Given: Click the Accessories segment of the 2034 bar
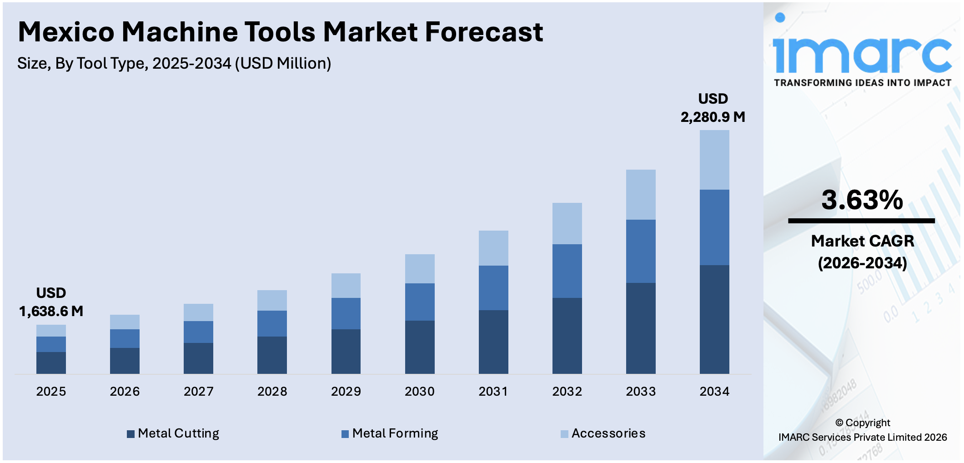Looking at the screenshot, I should tap(714, 160).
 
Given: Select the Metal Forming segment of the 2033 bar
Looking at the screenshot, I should tap(640, 251).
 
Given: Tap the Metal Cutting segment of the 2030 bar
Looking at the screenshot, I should tap(419, 347).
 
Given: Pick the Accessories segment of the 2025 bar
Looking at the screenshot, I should tap(51, 331).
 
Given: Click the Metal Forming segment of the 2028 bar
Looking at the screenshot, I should tap(272, 323).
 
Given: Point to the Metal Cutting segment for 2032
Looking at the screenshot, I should tap(567, 336).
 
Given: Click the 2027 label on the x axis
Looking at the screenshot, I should tap(198, 391).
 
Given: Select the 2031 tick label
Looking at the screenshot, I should tap(493, 391).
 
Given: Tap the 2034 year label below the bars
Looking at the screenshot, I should tap(714, 391).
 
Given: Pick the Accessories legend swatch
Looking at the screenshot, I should tap(564, 434).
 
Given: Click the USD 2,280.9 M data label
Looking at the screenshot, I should tap(713, 108).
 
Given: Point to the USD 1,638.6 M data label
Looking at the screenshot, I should tap(51, 302).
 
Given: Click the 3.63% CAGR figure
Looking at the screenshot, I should tap(862, 200).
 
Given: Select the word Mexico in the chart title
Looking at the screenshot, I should tap(66, 32).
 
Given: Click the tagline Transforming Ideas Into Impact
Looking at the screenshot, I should tap(863, 83).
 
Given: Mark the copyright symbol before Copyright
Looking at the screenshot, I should tap(839, 423).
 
